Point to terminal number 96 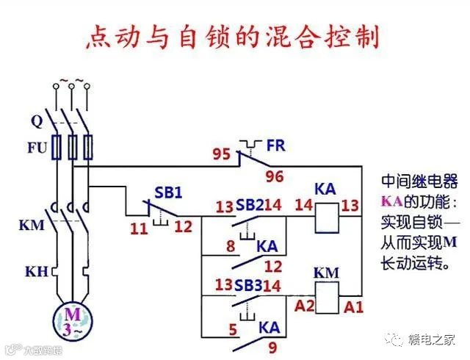(275, 177)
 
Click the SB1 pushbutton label (168, 192)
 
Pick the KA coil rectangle (325, 217)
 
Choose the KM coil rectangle (326, 295)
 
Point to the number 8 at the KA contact (231, 246)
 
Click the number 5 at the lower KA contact (233, 330)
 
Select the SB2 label (249, 205)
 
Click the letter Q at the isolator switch (37, 120)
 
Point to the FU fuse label (37, 147)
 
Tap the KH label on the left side (36, 273)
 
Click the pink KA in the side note (390, 201)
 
